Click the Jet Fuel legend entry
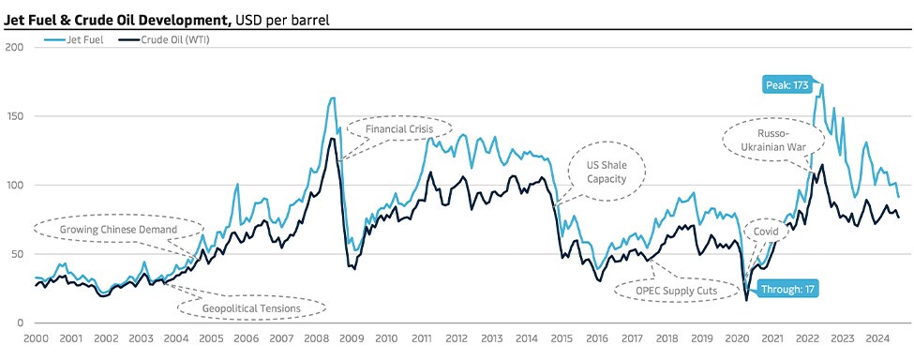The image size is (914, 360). [81, 40]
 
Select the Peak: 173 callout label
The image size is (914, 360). [787, 84]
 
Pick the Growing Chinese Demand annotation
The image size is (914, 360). [118, 228]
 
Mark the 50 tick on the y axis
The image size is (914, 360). [16, 254]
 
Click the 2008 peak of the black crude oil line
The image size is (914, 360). [332, 139]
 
